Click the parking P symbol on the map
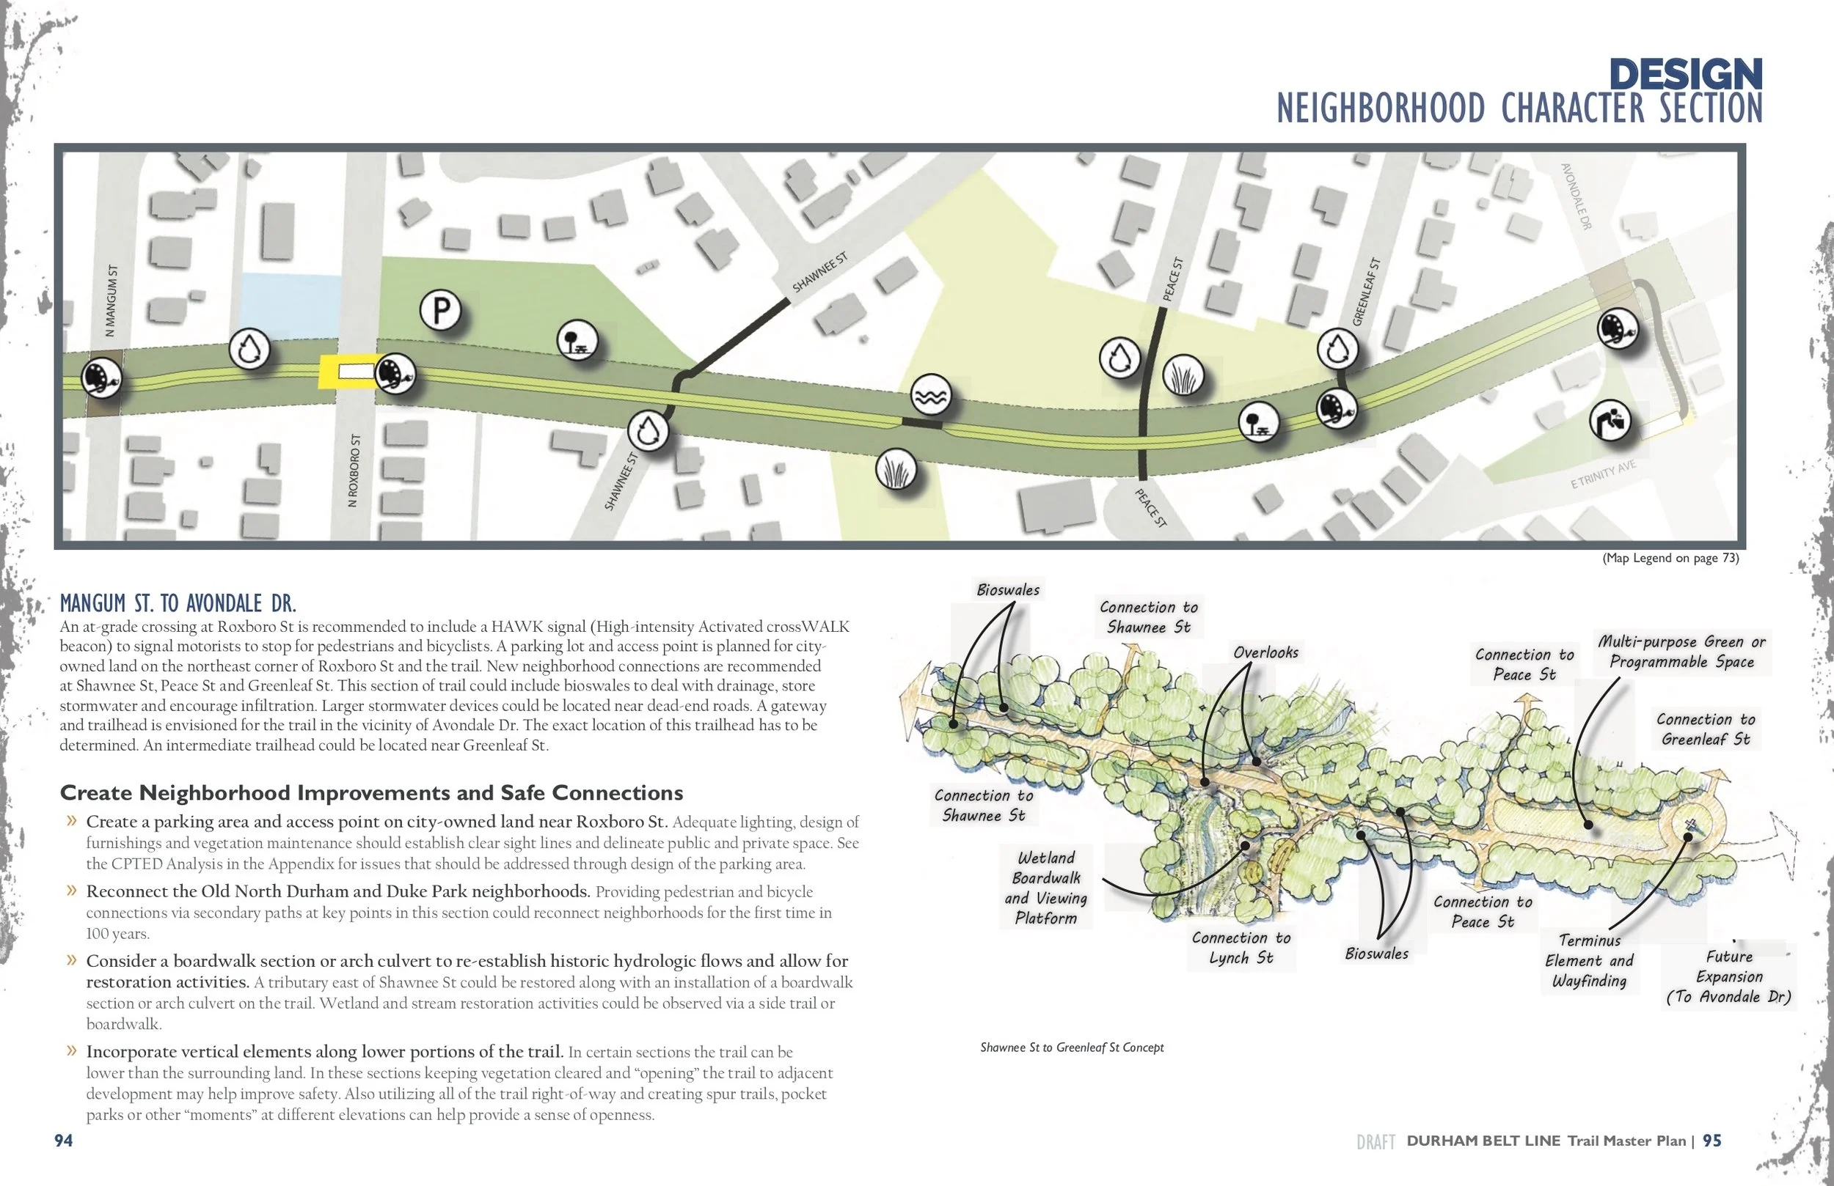441,310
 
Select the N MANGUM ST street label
112,301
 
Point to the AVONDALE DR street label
1576,196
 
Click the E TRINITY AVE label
1603,475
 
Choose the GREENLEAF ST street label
1366,291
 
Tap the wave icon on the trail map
931,396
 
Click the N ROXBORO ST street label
354,470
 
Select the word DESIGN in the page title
1684,75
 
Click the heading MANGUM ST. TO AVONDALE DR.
178,603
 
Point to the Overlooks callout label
1265,652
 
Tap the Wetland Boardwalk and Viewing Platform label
1045,887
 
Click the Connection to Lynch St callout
1241,947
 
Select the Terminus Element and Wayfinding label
1589,960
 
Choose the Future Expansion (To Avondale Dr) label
1728,976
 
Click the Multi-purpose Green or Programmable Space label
1681,652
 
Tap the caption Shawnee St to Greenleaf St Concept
1071,1047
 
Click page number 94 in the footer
63,1141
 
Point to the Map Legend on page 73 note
1670,558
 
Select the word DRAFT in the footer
1375,1142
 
